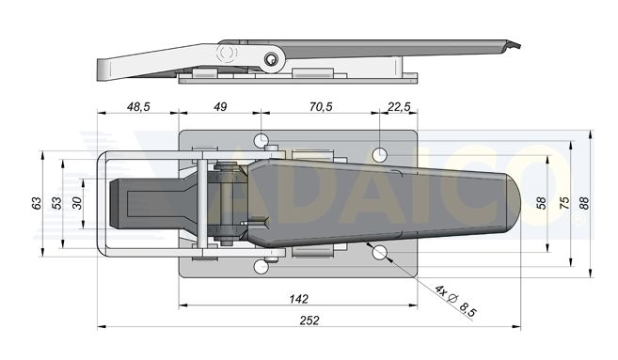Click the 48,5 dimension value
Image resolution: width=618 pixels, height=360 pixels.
click(x=138, y=106)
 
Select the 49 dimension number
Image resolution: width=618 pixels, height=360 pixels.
click(x=220, y=106)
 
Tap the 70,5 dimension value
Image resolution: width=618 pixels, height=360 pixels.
click(x=321, y=106)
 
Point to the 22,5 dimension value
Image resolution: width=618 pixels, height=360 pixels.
click(x=399, y=106)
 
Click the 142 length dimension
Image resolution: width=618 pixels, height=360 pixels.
click(x=299, y=299)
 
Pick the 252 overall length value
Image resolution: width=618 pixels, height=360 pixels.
click(x=309, y=321)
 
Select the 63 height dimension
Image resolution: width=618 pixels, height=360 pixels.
click(x=37, y=203)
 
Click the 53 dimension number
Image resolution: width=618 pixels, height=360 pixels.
click(x=57, y=203)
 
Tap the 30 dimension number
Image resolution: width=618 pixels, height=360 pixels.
click(x=78, y=203)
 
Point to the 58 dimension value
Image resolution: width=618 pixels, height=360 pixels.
click(x=542, y=203)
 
